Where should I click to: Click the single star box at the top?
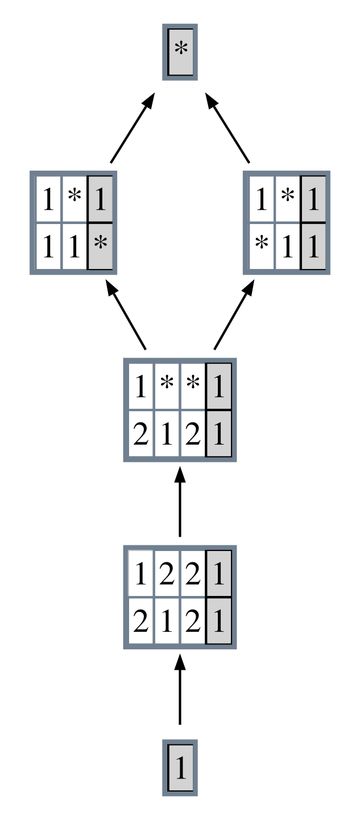coord(180,51)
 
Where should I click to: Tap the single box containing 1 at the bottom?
coord(180,768)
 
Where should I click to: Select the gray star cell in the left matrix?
coord(100,248)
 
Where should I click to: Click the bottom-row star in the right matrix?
coord(261,248)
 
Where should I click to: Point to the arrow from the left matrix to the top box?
coord(133,127)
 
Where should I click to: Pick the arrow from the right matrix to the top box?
coord(227,127)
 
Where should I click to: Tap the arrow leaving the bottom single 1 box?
coord(180,689)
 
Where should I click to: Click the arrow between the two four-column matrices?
coord(180,502)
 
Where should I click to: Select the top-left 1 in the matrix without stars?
coord(141,575)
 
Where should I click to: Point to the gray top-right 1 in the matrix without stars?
coord(219,575)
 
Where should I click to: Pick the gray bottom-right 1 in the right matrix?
coord(313,248)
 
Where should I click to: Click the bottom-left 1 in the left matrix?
coord(48,248)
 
